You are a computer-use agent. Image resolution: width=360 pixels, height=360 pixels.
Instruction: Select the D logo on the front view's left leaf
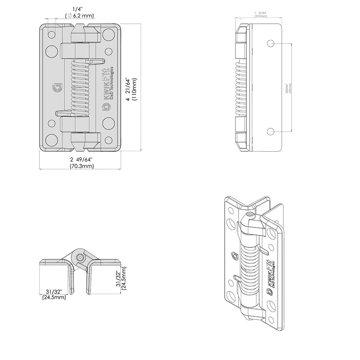57,87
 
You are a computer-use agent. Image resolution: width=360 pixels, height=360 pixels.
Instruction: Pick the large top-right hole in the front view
107,34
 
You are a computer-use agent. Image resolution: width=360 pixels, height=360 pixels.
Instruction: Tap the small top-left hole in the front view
51,35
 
